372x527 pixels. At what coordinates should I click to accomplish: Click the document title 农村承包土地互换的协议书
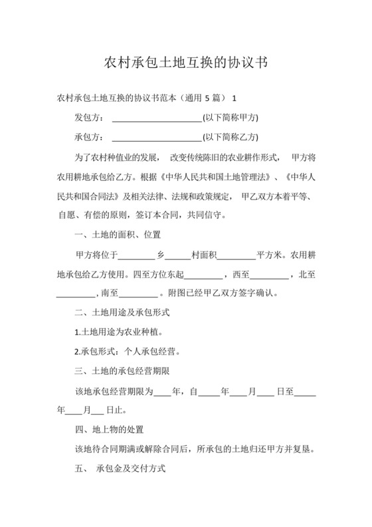pyautogui.click(x=186, y=64)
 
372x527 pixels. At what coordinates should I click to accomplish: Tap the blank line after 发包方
pyautogui.click(x=157, y=118)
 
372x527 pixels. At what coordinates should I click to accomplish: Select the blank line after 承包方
pyautogui.click(x=157, y=138)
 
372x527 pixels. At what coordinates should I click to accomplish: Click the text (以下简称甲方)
pyautogui.click(x=230, y=118)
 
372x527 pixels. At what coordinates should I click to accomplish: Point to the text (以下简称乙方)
pyautogui.click(x=230, y=138)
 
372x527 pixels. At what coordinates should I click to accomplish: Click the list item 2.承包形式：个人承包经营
pyautogui.click(x=127, y=351)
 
